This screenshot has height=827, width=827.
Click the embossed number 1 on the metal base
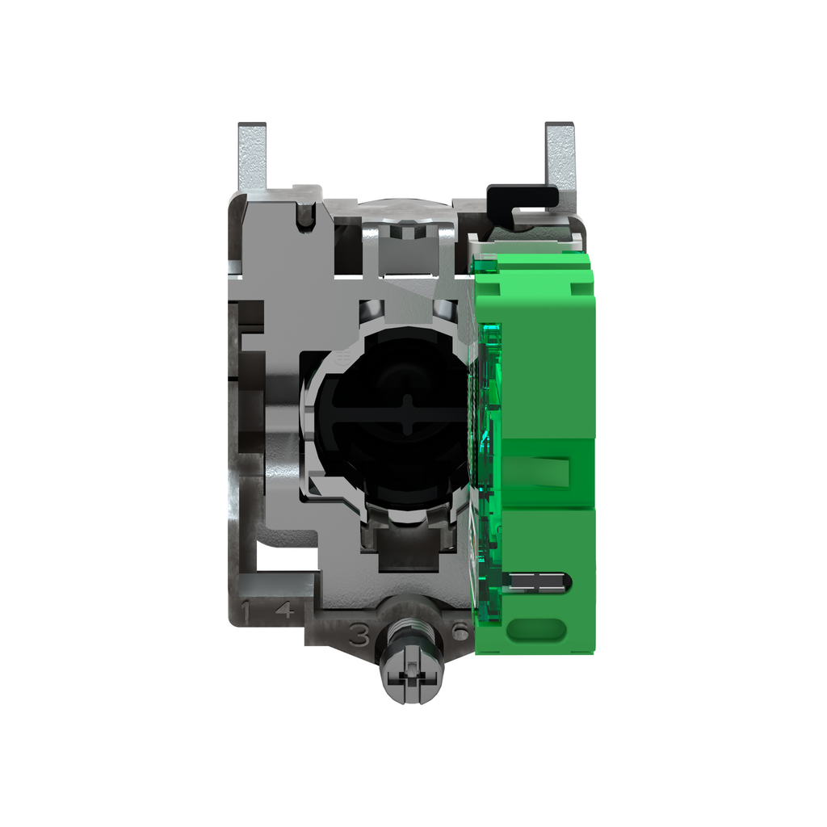(x=255, y=611)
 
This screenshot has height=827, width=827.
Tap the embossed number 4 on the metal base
(x=284, y=611)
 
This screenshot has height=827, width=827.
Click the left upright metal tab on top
(x=251, y=157)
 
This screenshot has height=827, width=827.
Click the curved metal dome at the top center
(x=404, y=209)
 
